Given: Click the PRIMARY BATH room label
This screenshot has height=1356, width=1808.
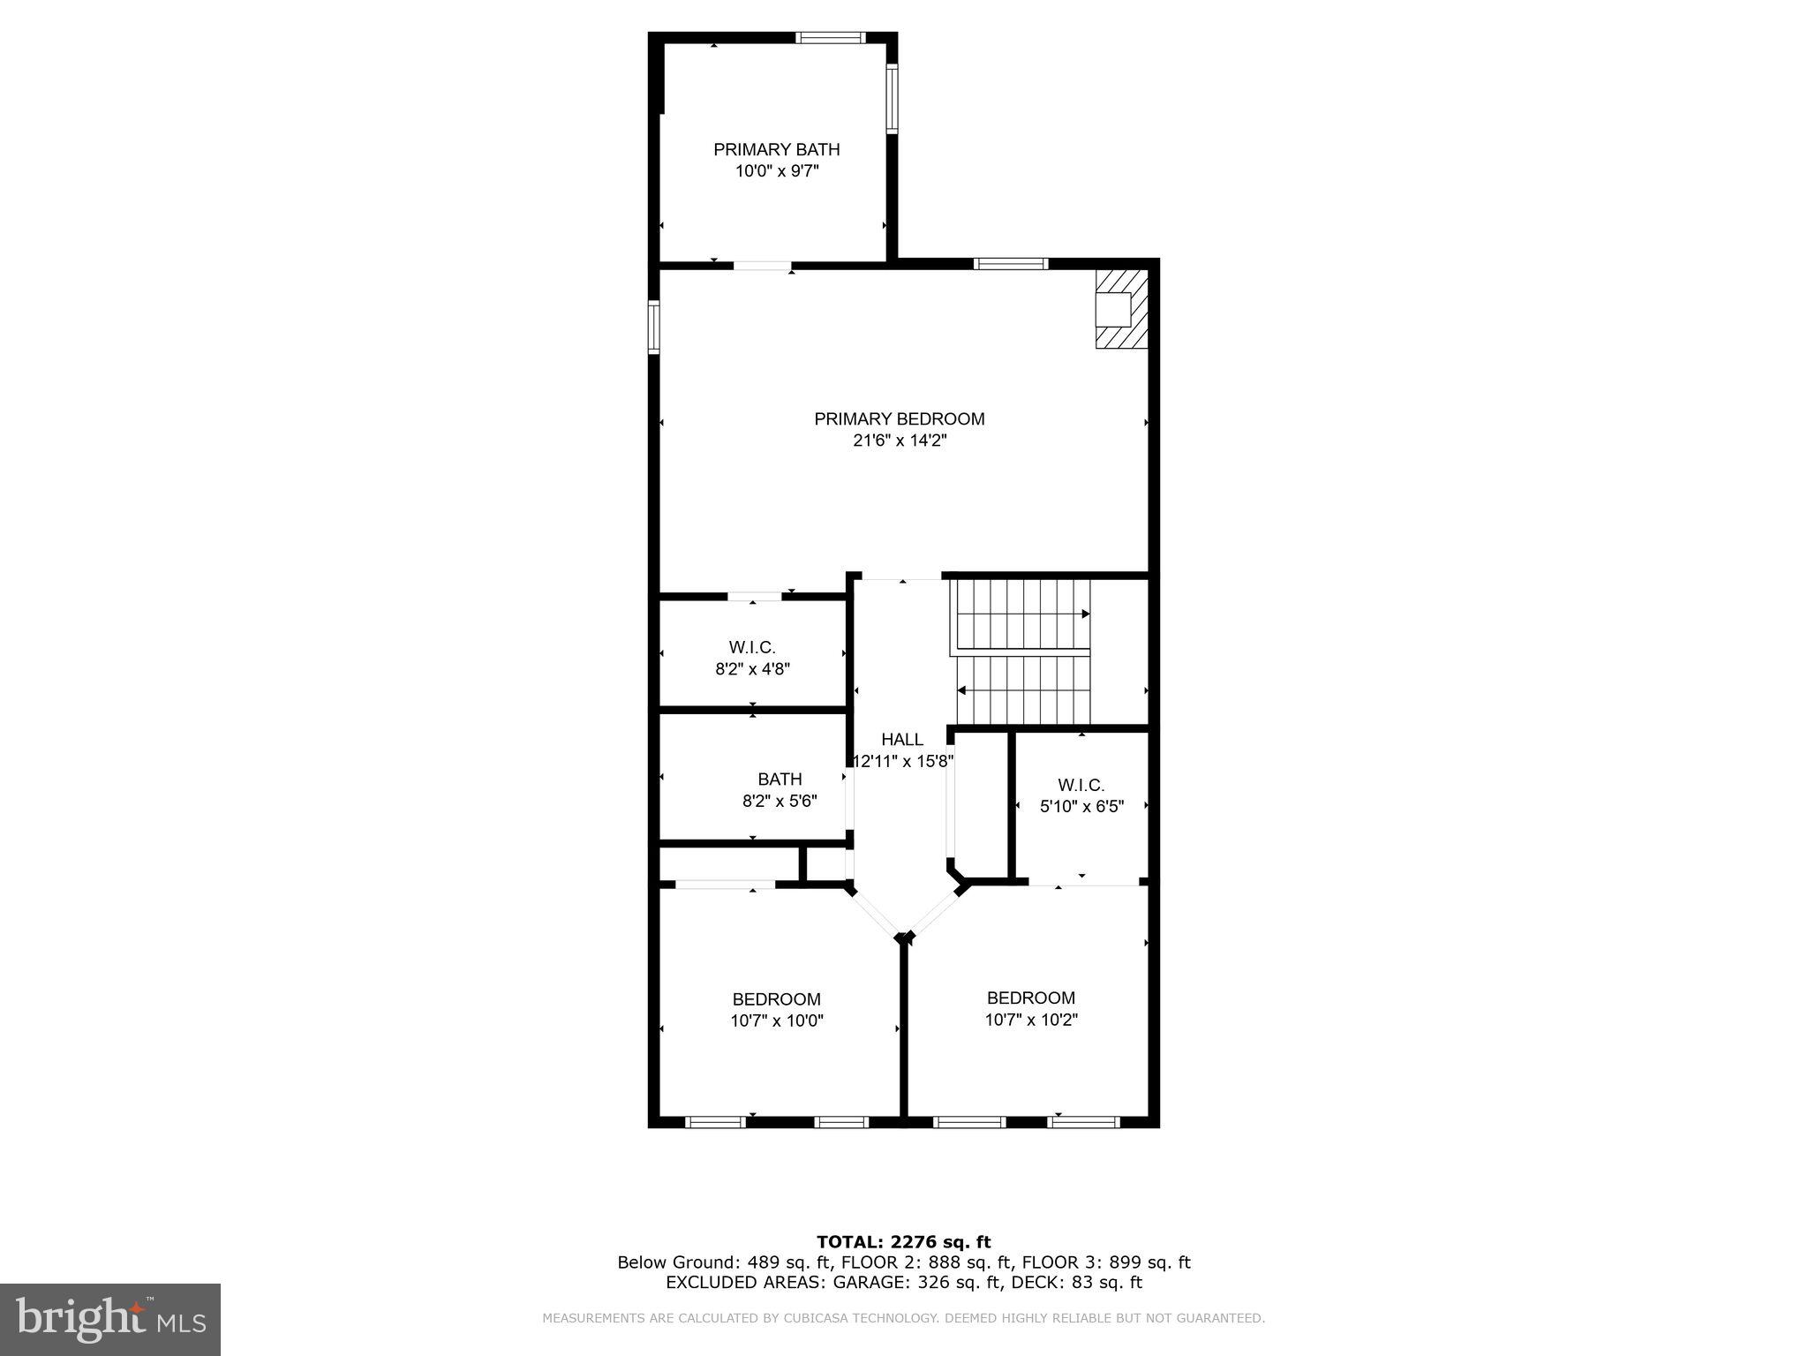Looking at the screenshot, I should [776, 150].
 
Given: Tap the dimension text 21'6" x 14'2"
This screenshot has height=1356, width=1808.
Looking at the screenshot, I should [900, 441].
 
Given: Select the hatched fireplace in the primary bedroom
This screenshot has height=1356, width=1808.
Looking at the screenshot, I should [1121, 309].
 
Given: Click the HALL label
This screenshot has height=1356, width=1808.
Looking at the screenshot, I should [901, 740].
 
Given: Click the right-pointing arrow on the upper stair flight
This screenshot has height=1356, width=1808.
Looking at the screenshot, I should [1085, 614].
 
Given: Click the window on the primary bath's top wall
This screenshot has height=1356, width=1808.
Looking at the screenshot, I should [830, 37].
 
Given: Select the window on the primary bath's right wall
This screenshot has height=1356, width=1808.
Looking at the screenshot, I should [892, 98].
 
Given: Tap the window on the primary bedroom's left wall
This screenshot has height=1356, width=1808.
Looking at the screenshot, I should [654, 327].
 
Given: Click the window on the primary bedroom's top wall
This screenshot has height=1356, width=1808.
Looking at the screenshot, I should [1011, 263].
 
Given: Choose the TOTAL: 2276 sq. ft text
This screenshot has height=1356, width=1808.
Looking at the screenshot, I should [903, 1243].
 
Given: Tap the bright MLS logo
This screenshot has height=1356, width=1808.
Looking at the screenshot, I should [110, 1319].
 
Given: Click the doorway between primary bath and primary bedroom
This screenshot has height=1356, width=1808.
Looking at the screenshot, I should [762, 265].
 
